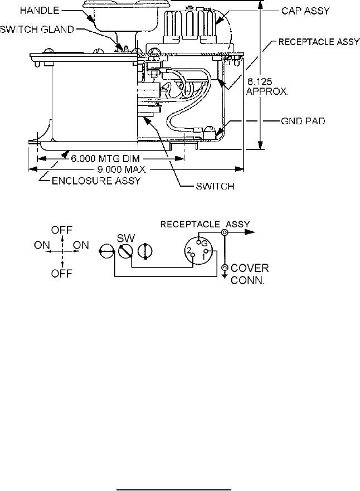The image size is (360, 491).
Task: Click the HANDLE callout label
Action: point(40,11)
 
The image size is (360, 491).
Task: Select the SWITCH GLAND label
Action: point(37,30)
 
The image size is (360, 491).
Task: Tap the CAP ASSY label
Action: point(305,11)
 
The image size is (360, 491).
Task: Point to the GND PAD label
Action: point(303,121)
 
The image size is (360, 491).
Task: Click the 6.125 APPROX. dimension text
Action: point(267,87)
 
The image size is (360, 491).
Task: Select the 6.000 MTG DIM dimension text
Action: point(105,158)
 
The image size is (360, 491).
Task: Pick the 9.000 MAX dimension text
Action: point(121,169)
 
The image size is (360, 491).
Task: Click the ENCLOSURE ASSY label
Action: point(96,181)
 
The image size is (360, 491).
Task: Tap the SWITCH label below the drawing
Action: point(215,186)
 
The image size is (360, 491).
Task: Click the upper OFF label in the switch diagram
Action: point(62,230)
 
